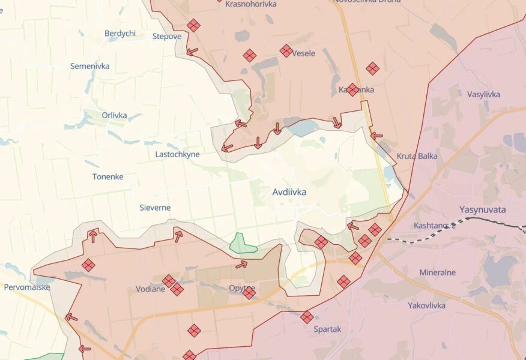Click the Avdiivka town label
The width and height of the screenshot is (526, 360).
pos(289,193)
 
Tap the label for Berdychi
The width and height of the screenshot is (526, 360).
pos(120,34)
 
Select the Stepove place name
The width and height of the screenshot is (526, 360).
pos(167,37)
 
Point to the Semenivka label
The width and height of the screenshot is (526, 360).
pos(89,66)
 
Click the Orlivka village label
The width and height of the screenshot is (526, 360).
pos(114,115)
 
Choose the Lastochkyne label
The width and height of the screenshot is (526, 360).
pos(177,154)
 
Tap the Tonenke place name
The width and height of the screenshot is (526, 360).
pos(107,176)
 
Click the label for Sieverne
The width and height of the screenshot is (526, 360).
pos(156,208)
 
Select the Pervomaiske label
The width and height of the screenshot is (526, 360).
pos(27,287)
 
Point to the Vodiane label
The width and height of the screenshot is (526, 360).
pos(150,289)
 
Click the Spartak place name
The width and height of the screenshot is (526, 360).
pos(327,329)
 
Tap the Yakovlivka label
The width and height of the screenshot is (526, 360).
pos(426,305)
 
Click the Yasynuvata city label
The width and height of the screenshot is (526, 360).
pos(482,210)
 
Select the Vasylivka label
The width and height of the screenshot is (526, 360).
pos(483,94)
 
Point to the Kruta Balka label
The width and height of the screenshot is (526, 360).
pos(417,156)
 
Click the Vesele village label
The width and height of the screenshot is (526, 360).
pos(304,53)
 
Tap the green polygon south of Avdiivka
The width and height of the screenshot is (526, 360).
pos(243,244)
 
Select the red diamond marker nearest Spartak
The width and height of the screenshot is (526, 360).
pos(307,317)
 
